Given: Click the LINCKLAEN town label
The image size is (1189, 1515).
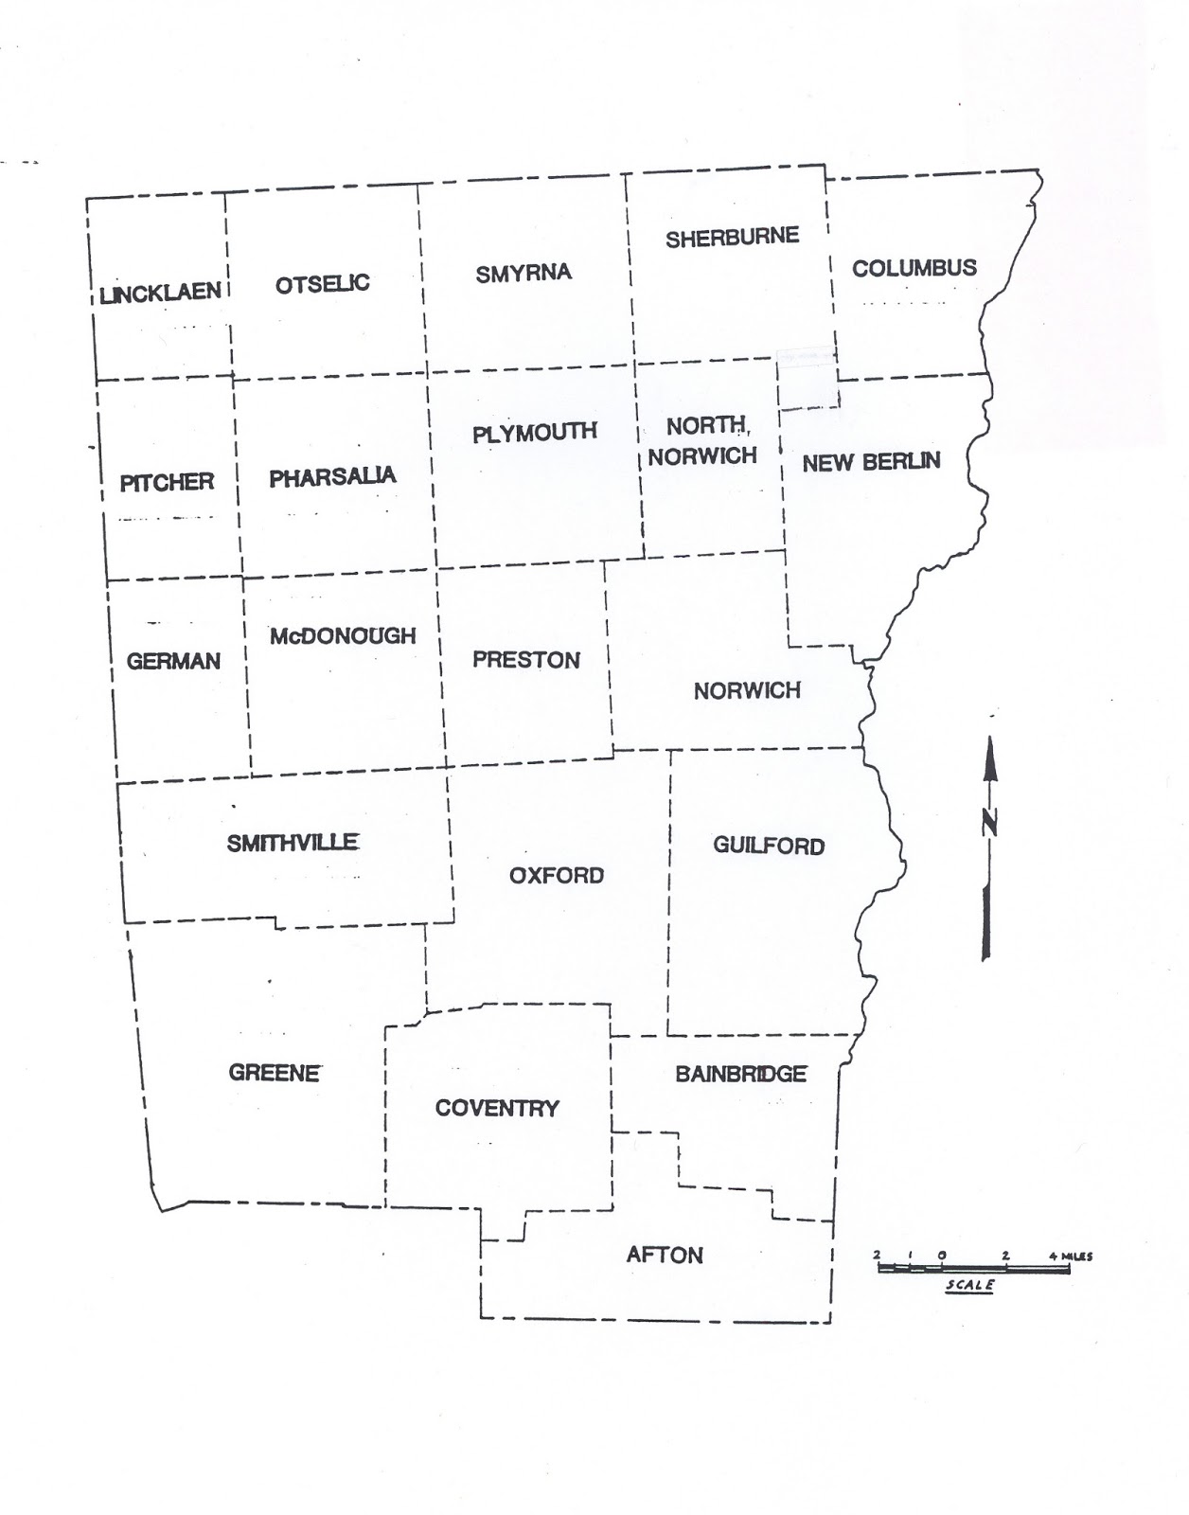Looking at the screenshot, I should coord(161,293).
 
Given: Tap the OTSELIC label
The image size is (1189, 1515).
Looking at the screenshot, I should coord(322,283).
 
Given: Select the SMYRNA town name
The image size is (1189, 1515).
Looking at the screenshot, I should coord(524,274).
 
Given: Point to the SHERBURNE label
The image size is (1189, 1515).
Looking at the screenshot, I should coord(732,237).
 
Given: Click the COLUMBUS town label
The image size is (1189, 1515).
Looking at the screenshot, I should coord(914,268).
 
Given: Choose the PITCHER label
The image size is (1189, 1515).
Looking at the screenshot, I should coord(167,482).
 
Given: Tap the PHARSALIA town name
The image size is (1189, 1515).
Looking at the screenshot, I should coord(332,476).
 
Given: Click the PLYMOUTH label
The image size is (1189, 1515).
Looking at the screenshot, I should coord(535,432).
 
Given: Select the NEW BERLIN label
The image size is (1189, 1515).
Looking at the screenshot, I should coord(871,462).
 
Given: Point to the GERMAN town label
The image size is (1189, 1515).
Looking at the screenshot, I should coord(173,661).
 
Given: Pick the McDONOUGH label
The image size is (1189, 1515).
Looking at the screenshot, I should coord(343,635).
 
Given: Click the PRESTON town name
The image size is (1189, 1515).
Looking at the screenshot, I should coord(526,659).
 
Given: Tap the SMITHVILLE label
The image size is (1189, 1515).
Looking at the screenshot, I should coord(293,842).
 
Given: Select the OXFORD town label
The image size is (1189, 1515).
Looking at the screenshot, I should coord(557,875).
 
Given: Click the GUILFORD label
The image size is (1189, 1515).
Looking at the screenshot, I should coord(769,846).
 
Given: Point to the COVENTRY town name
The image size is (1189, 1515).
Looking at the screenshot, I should coord(497,1108).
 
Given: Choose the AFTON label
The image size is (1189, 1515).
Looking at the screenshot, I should coord(665,1255).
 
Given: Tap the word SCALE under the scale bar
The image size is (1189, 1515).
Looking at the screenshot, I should coord(970,1285).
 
